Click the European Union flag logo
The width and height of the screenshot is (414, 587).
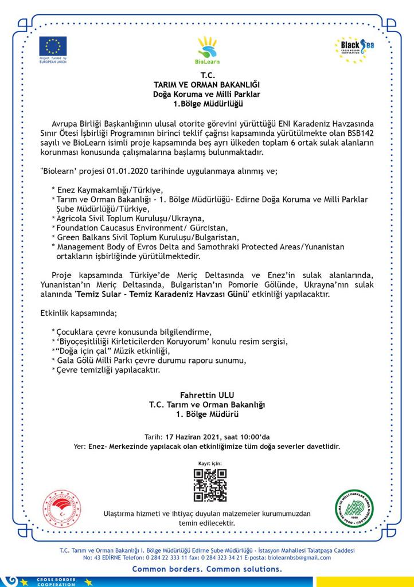pos(53,46)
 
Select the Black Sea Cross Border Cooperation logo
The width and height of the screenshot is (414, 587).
pos(354,49)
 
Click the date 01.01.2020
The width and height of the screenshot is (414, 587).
pos(118,171)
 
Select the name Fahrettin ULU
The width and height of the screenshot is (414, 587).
pos(206,395)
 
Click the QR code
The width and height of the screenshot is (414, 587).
pos(209,485)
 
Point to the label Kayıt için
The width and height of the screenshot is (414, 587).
pos(209,462)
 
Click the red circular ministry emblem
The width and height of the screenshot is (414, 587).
pos(62,508)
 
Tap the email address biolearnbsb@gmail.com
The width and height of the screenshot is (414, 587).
pos(300,557)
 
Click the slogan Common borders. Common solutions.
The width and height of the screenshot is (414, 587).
pos(207,569)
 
